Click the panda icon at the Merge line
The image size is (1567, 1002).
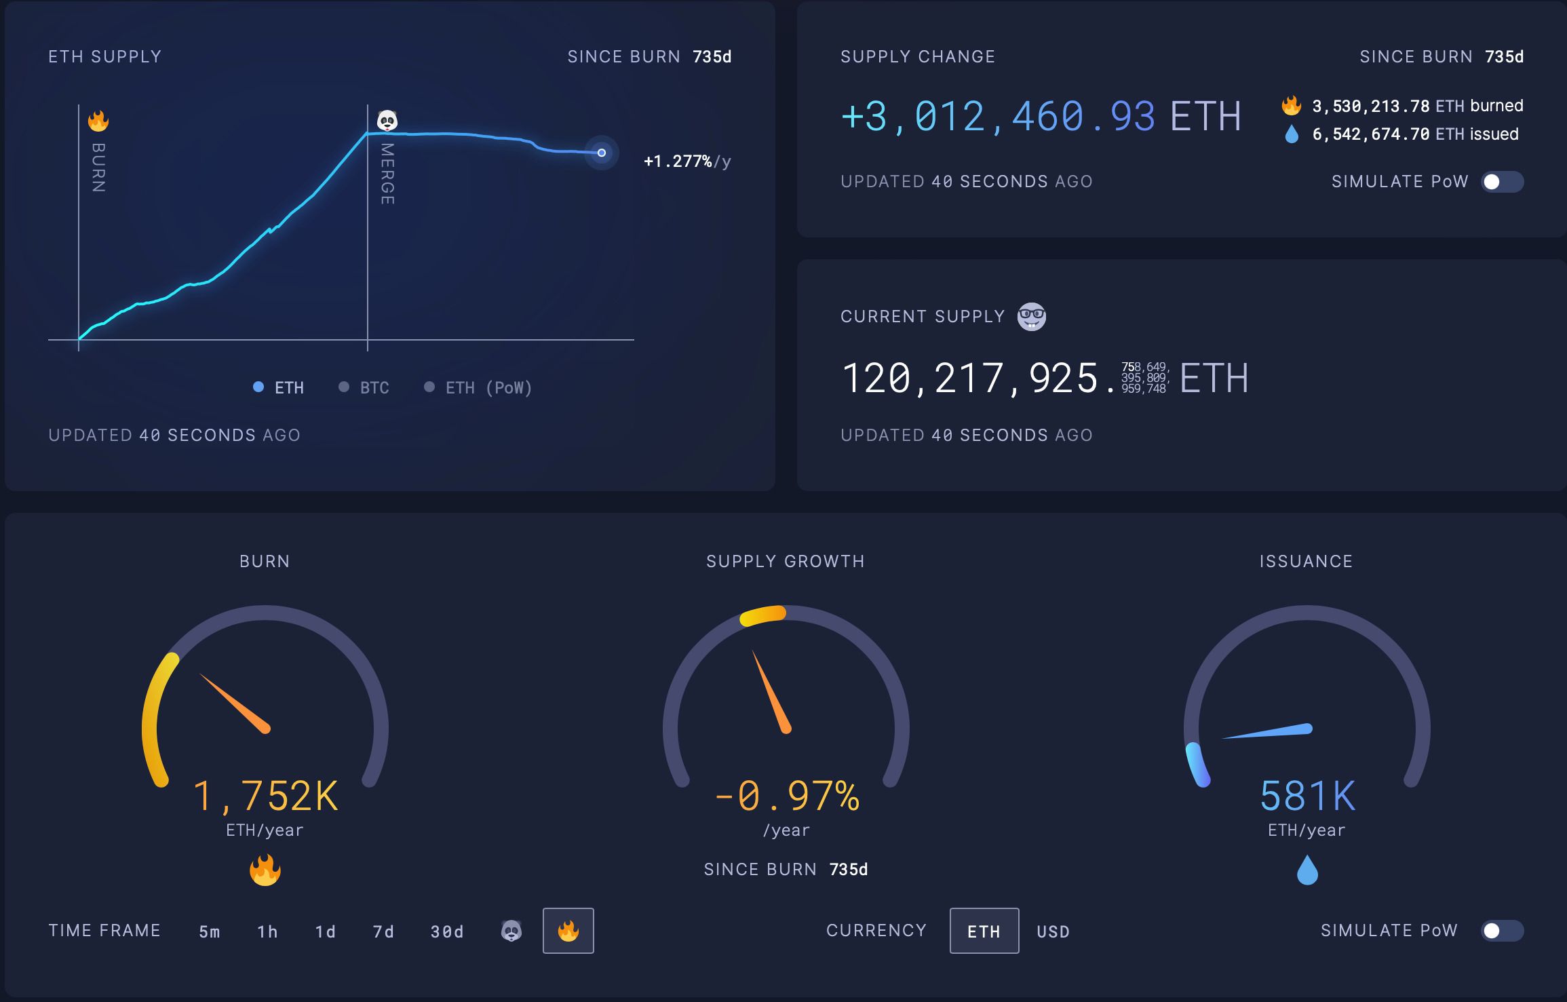pyautogui.click(x=387, y=121)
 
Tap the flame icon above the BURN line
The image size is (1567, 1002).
pyautogui.click(x=98, y=121)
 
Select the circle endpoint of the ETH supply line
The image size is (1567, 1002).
pyautogui.click(x=602, y=153)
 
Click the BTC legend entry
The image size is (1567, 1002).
pyautogui.click(x=364, y=387)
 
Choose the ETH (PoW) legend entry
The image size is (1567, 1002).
pyautogui.click(x=478, y=387)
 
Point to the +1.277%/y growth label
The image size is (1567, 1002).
pyautogui.click(x=687, y=161)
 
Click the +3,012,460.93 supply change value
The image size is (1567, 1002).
pyautogui.click(x=1041, y=116)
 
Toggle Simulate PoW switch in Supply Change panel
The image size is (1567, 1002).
pyautogui.click(x=1502, y=182)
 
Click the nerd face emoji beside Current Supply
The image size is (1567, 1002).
pyautogui.click(x=1031, y=317)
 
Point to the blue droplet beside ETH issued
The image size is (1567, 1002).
pyautogui.click(x=1292, y=134)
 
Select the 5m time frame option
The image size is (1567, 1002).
pyautogui.click(x=210, y=931)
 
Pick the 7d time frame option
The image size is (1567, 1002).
pyautogui.click(x=383, y=931)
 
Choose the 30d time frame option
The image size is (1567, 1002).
pyautogui.click(x=447, y=931)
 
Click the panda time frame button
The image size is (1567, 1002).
pyautogui.click(x=511, y=931)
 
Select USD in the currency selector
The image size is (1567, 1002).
pyautogui.click(x=1053, y=931)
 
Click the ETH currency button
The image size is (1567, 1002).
pyautogui.click(x=984, y=931)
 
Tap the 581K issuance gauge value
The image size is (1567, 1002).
pyautogui.click(x=1307, y=796)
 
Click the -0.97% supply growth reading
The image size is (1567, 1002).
pyautogui.click(x=787, y=796)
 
